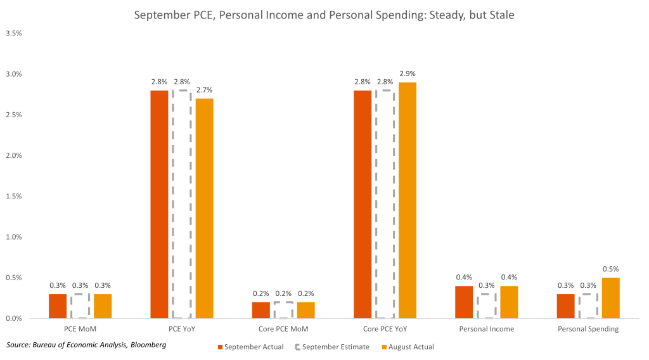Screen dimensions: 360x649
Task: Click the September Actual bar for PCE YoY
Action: [159, 204]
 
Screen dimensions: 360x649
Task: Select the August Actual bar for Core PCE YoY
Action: [408, 200]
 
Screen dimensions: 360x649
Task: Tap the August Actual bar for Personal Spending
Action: [610, 298]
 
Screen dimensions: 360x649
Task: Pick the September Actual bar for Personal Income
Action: [463, 302]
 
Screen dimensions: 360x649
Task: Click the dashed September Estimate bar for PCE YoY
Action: [182, 204]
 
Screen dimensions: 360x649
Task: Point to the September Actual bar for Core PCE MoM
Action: [260, 310]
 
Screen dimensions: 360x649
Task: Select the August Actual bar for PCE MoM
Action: [103, 306]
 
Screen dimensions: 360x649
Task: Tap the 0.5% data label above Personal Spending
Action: [610, 269]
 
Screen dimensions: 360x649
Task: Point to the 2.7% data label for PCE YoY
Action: [205, 91]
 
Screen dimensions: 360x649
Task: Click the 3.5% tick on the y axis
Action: [14, 34]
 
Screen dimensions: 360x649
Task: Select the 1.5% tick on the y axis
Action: [14, 196]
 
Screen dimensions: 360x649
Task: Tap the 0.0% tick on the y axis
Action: [14, 318]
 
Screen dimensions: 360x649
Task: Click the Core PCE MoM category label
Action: [283, 330]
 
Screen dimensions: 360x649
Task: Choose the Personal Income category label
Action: [486, 330]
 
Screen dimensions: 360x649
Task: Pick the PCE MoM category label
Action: [80, 330]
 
